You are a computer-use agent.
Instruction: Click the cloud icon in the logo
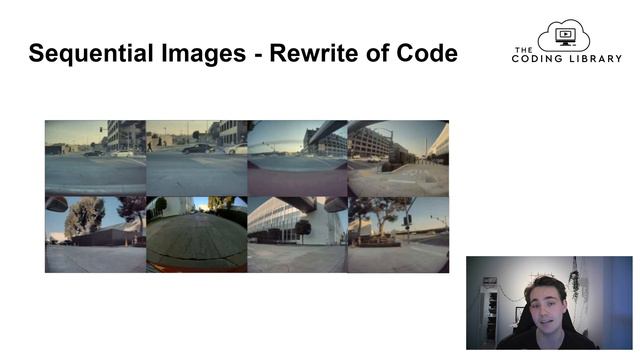[x=564, y=37]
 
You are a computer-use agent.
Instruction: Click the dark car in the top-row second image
[x=197, y=148]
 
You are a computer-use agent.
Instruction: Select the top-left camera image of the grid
[x=95, y=158]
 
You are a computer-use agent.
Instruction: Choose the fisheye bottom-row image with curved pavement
[x=196, y=235]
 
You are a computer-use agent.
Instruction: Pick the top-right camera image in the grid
[x=398, y=158]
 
